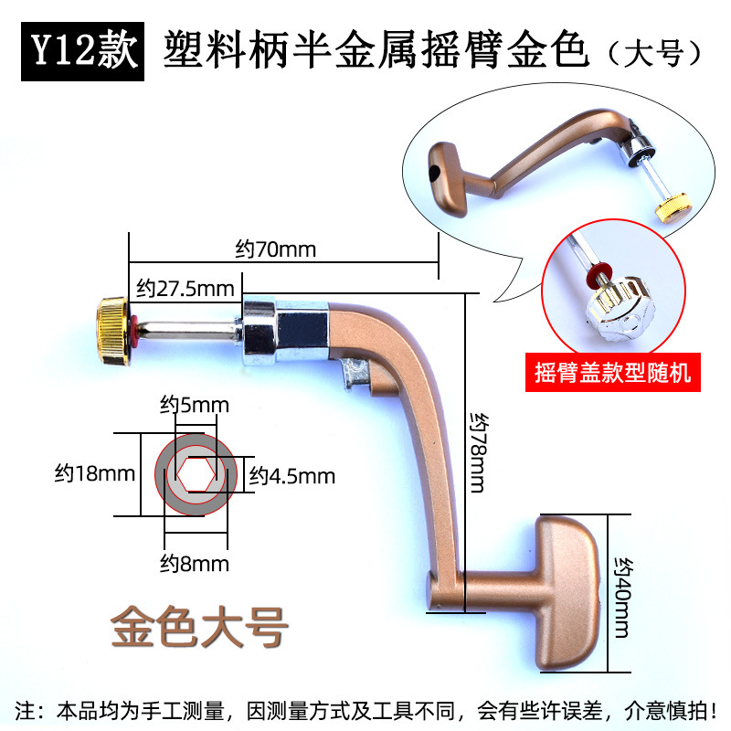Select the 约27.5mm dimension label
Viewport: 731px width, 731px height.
point(185,290)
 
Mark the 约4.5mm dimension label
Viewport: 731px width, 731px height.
point(292,476)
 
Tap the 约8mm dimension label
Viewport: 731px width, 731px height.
point(195,563)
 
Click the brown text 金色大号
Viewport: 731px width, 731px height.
point(199,629)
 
